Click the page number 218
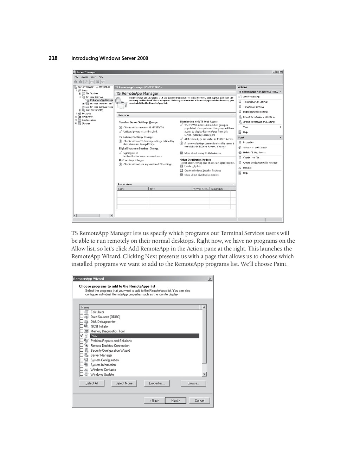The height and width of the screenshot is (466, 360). [53, 58]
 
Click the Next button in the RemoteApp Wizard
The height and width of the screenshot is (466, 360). [175, 400]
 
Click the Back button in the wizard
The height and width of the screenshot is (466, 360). [154, 400]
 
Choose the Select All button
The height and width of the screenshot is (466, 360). [92, 383]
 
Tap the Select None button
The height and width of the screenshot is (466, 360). [124, 383]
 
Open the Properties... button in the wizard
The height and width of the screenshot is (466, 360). [157, 383]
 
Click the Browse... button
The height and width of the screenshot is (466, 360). [193, 383]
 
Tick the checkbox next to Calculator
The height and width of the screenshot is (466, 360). [82, 312]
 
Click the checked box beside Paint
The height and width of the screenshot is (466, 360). [82, 336]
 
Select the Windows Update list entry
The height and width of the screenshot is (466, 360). [102, 374]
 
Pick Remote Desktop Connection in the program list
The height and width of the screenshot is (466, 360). [110, 346]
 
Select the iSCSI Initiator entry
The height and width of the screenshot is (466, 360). [99, 326]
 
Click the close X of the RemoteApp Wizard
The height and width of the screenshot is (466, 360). [210, 279]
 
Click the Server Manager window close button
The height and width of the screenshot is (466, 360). [281, 72]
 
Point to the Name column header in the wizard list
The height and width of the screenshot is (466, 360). [85, 307]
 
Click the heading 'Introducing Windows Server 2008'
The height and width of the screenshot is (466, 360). [110, 58]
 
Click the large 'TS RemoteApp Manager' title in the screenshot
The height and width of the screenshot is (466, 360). [137, 94]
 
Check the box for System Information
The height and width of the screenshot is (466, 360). [82, 365]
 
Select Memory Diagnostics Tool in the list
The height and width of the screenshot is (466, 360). [107, 331]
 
